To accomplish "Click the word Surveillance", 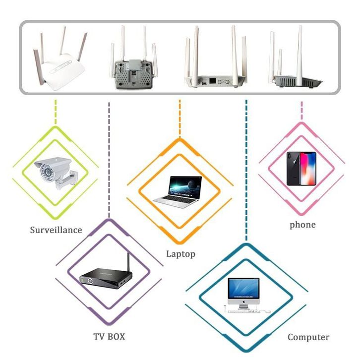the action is (x=56, y=230).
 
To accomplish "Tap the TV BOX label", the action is (x=109, y=337).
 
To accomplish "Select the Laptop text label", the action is (x=180, y=254).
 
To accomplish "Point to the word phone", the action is (x=302, y=225).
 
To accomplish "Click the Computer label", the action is (x=308, y=337).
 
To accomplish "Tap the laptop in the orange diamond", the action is (x=178, y=192).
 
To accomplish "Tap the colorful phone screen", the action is (x=308, y=169).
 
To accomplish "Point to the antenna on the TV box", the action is (x=128, y=262).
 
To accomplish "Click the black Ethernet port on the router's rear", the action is (x=212, y=81).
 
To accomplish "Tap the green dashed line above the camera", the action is (x=56, y=112).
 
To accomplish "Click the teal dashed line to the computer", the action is (x=246, y=170).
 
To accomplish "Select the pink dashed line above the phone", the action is (x=301, y=111).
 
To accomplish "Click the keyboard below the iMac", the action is (x=244, y=311).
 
